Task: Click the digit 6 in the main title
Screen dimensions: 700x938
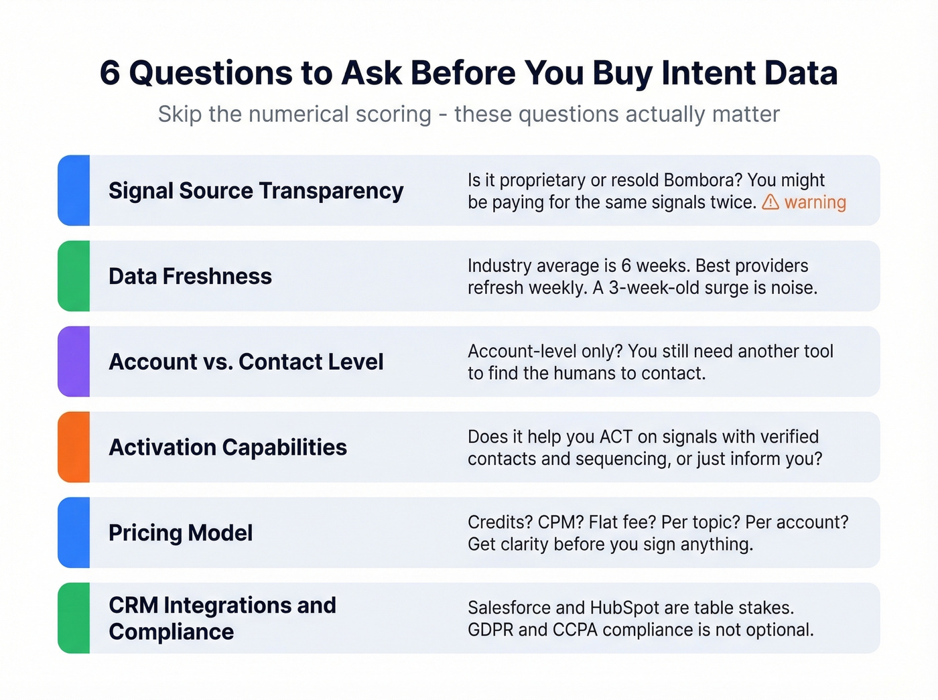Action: point(110,73)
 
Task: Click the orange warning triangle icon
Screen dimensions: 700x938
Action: point(770,202)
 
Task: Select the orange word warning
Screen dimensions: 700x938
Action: point(815,202)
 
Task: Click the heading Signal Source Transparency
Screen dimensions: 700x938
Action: point(256,191)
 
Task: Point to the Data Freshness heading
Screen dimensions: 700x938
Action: point(190,276)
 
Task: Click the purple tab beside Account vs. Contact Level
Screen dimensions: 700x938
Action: point(74,362)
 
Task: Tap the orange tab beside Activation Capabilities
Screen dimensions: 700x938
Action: point(74,447)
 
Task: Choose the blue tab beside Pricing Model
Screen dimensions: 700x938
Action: point(74,533)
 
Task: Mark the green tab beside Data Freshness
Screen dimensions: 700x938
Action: point(74,276)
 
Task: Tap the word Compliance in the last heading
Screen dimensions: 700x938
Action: point(172,632)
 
